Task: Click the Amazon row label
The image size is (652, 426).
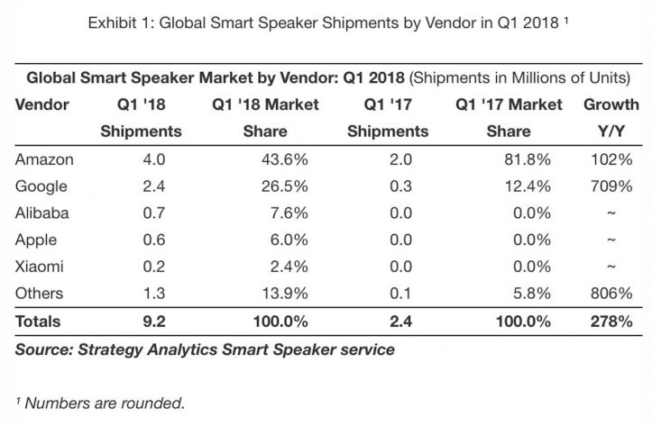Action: point(44,159)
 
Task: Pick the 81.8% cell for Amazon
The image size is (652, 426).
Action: point(532,159)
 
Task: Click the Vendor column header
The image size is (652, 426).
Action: point(41,104)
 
